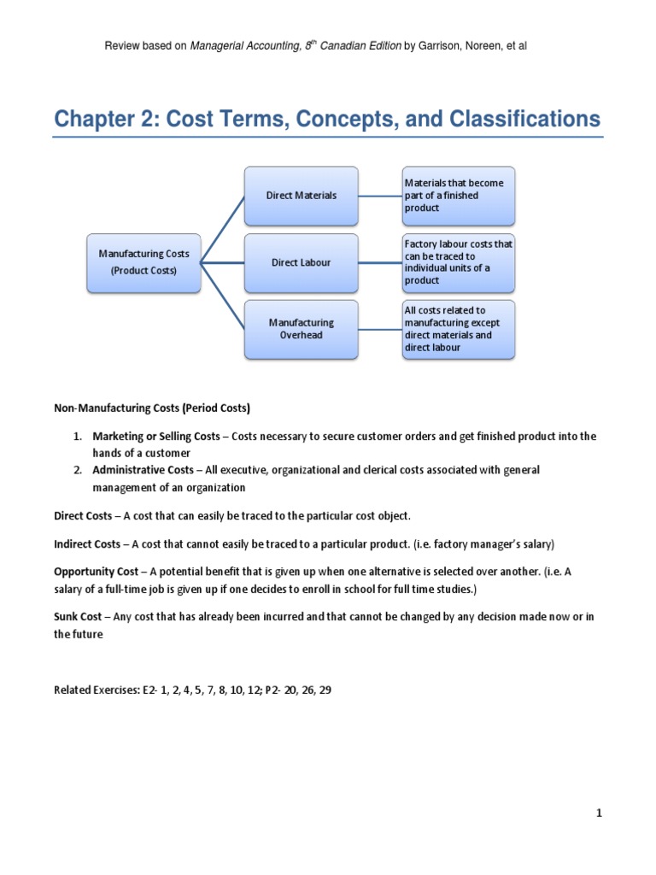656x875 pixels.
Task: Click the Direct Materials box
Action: [301, 196]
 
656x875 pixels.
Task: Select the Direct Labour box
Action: [301, 262]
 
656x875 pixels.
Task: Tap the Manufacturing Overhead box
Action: [301, 329]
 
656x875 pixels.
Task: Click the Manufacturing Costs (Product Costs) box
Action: [143, 262]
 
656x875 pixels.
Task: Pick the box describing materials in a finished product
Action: [458, 196]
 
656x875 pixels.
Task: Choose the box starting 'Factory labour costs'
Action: [458, 262]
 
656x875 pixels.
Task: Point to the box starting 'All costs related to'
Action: [458, 329]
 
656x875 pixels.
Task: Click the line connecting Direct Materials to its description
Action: [379, 196]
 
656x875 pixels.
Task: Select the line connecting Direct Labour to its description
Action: [379, 262]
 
